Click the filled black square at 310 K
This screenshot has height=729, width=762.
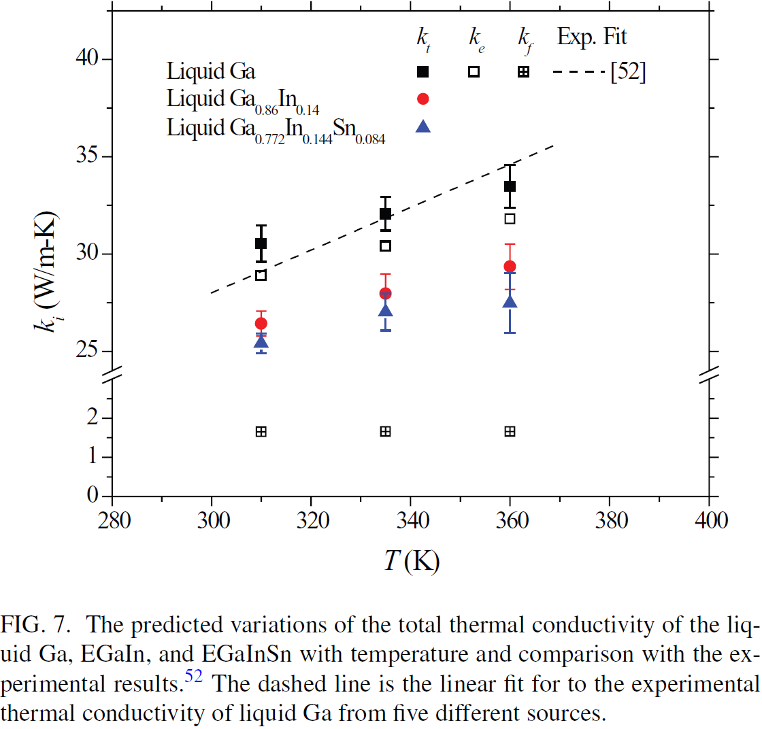(x=261, y=243)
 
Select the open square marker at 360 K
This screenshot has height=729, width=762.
(x=510, y=218)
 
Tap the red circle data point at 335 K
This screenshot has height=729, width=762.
(x=385, y=294)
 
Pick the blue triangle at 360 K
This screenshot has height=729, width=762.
(x=510, y=301)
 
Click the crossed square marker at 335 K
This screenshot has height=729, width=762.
(x=385, y=431)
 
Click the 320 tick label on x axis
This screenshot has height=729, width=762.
(x=311, y=522)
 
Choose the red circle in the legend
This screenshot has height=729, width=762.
(x=423, y=99)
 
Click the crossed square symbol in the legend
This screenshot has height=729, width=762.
(x=523, y=71)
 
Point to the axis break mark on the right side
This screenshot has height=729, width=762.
(x=710, y=373)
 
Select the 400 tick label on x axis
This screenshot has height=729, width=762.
(x=709, y=522)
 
